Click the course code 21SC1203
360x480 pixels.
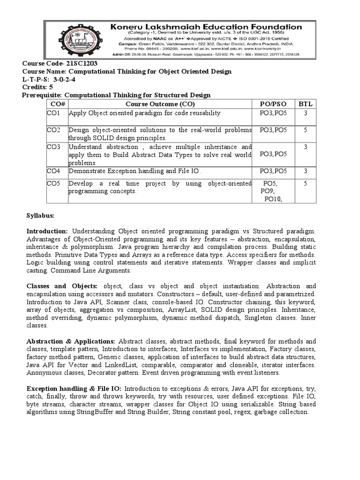coord(82,63)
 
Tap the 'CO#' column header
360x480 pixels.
coord(57,104)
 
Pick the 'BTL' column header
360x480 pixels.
coord(305,104)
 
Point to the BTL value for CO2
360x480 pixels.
coord(305,130)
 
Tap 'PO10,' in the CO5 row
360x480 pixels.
coord(273,199)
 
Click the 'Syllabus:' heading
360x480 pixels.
coord(40,216)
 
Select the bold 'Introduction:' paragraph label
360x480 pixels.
coord(47,232)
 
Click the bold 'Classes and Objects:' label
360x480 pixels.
coord(62,286)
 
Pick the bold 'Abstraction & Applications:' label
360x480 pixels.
coord(71,341)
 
